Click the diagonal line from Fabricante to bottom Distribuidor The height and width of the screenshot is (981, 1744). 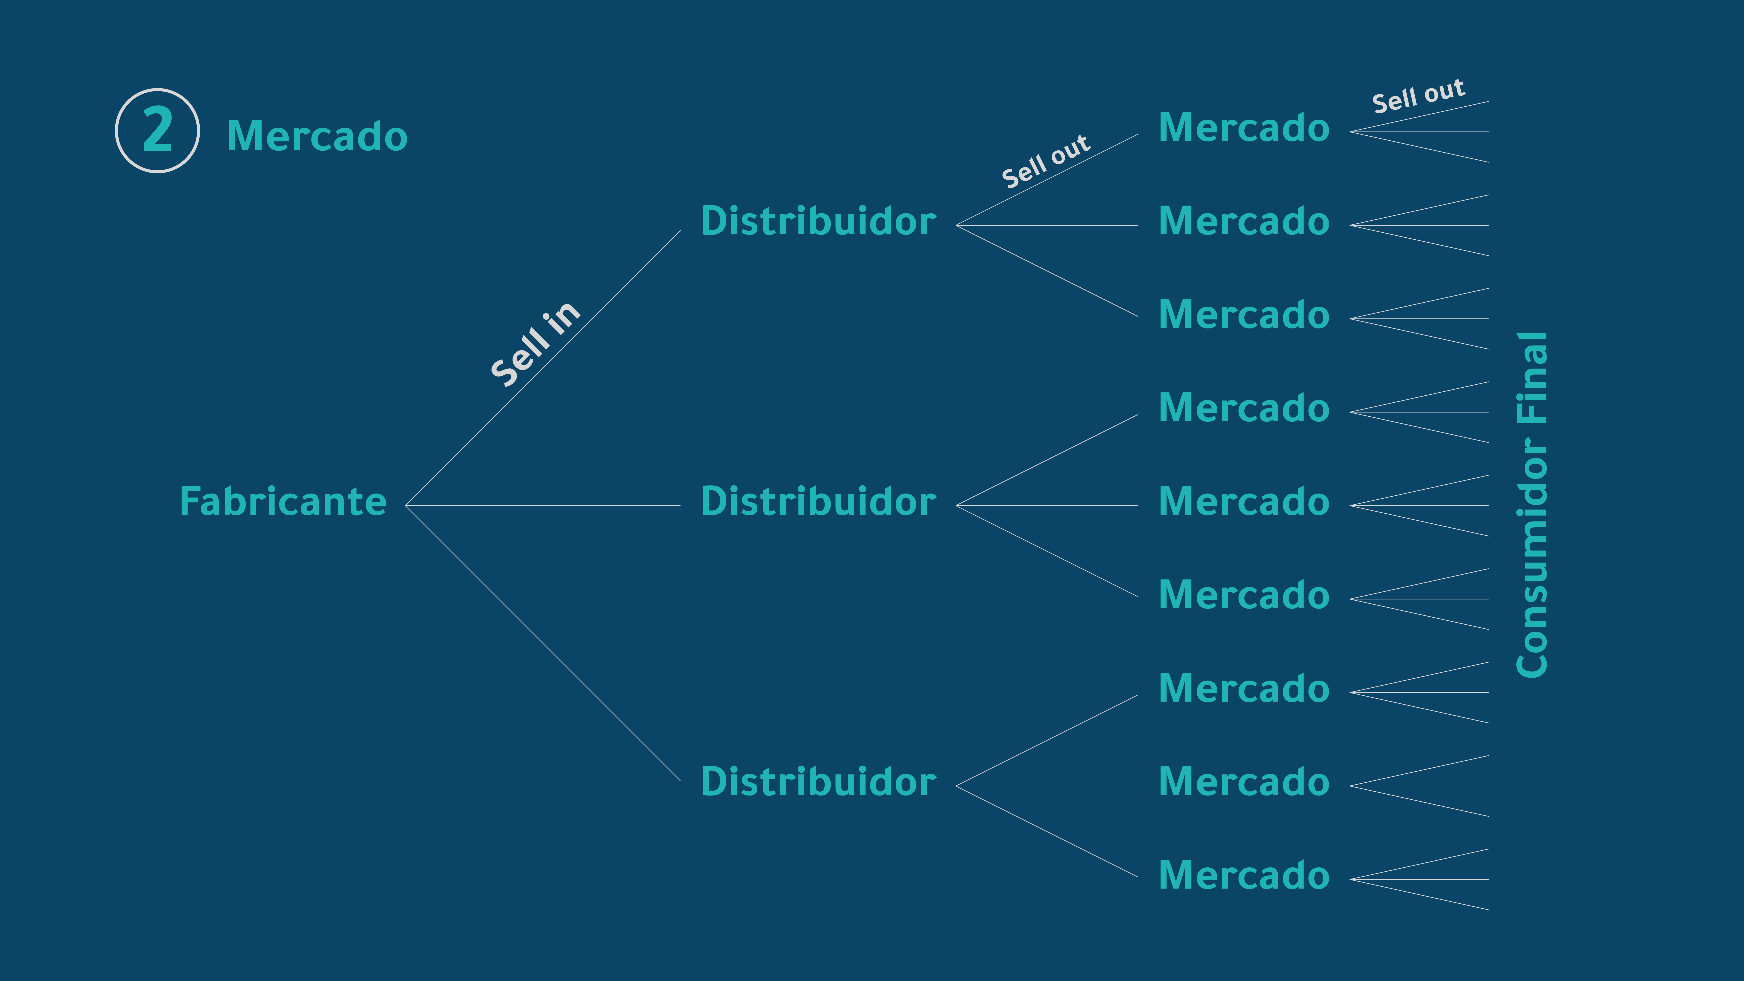click(x=543, y=643)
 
